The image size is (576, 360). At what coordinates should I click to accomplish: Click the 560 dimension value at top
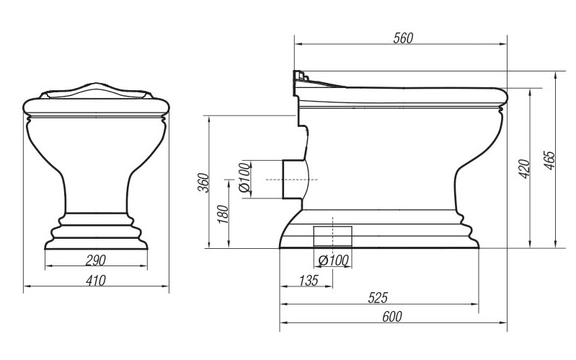[403, 38]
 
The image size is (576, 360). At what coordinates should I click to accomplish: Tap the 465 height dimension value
[549, 160]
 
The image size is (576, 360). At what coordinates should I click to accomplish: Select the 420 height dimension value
[525, 169]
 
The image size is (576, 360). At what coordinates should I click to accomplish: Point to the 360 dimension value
[203, 183]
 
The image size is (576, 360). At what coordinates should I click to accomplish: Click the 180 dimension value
[223, 214]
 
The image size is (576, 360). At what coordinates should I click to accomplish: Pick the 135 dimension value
[309, 281]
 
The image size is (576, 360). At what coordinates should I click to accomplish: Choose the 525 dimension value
[378, 298]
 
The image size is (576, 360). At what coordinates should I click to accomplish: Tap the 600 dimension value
[392, 317]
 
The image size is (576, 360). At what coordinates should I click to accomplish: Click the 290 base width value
[95, 260]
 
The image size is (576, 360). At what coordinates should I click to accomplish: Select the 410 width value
[95, 281]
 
